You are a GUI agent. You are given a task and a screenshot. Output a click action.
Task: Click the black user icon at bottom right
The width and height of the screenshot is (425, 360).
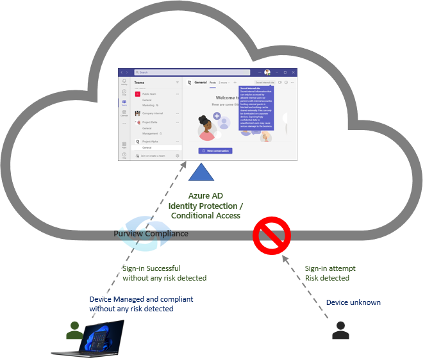(x=341, y=331)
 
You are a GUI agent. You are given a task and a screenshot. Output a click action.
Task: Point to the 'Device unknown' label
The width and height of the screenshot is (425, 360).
(x=353, y=302)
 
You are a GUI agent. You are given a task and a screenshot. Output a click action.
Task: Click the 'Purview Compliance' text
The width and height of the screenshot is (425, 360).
(x=151, y=234)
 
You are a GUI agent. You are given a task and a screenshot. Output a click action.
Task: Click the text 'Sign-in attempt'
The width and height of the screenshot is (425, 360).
(x=330, y=268)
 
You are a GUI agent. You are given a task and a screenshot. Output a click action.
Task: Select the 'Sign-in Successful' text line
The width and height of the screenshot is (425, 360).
(x=151, y=268)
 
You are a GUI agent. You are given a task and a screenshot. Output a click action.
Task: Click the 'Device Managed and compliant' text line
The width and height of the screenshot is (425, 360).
(x=141, y=299)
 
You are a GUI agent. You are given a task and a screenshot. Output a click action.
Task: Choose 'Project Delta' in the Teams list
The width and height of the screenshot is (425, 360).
(x=152, y=122)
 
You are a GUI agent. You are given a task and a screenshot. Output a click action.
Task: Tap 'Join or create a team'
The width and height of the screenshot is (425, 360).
(x=153, y=156)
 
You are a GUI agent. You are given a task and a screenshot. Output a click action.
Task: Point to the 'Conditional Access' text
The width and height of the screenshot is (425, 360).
(x=206, y=216)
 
